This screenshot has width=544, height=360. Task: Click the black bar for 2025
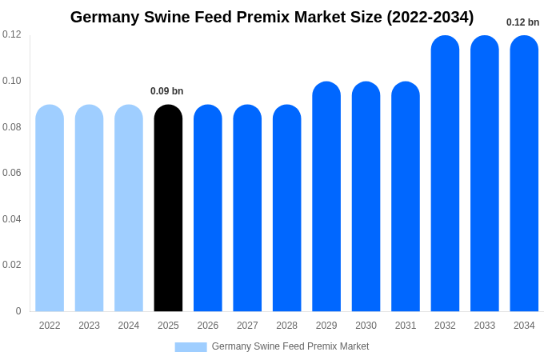(x=168, y=208)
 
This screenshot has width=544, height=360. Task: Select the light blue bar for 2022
(x=50, y=208)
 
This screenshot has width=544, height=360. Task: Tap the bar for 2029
(x=326, y=196)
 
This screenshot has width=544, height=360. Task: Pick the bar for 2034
(x=524, y=174)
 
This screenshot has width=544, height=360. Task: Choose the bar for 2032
(x=445, y=174)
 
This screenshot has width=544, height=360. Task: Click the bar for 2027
(x=247, y=208)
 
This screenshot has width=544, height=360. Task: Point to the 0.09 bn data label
(x=167, y=91)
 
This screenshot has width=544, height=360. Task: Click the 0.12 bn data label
(x=522, y=22)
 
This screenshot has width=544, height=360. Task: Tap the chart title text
(x=272, y=17)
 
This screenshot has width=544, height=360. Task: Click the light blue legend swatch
(x=190, y=346)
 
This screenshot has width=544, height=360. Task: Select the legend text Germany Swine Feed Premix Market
(x=290, y=346)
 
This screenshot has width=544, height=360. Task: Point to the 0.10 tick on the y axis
(x=12, y=81)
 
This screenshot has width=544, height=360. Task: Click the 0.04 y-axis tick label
(x=12, y=219)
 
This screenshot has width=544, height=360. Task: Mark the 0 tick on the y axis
(x=18, y=311)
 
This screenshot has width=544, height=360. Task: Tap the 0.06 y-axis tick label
(x=12, y=173)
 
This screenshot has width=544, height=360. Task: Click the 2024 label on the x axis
(x=129, y=326)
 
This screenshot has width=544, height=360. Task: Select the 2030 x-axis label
(x=366, y=326)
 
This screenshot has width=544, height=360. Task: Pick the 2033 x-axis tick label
(x=484, y=326)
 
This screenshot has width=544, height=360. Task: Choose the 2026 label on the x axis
(x=208, y=326)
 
